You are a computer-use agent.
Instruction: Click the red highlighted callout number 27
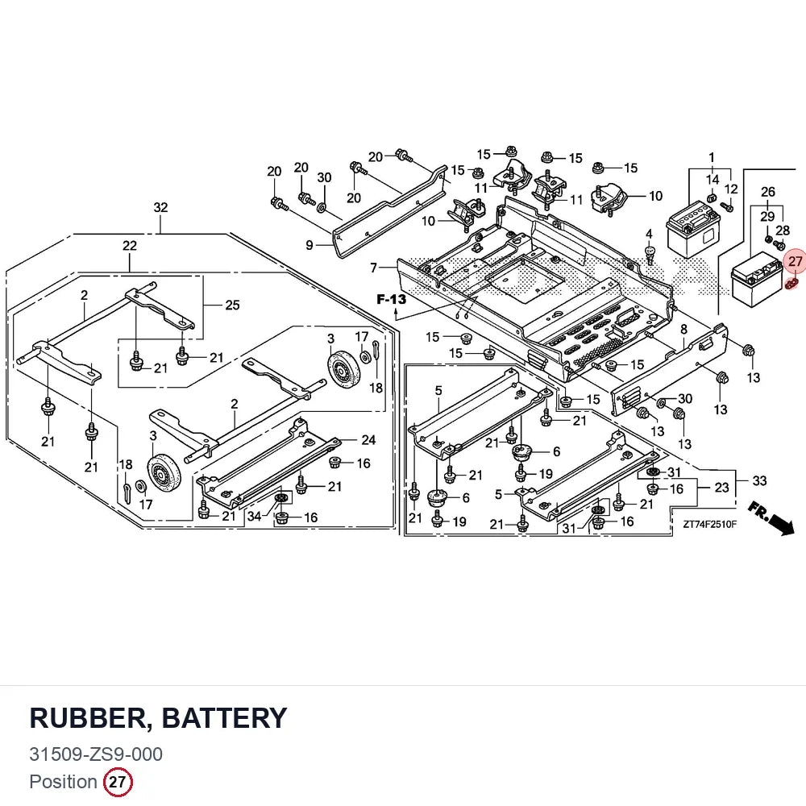795,262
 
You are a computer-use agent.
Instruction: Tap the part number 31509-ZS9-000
96,754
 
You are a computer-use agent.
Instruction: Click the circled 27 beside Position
118,783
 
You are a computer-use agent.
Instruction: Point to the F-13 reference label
391,299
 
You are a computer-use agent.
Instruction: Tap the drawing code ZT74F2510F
709,525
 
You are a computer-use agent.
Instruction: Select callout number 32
160,207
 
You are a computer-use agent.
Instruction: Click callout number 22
130,246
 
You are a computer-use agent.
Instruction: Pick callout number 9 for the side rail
309,245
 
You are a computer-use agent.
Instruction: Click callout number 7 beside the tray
374,268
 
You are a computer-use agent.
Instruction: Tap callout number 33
759,480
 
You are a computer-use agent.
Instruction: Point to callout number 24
368,439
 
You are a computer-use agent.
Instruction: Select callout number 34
255,516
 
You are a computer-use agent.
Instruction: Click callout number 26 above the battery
767,192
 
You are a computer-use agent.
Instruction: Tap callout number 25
232,305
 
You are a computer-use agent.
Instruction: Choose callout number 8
683,329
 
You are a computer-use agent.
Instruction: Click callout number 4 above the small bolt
649,235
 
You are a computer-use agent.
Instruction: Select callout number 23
721,487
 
